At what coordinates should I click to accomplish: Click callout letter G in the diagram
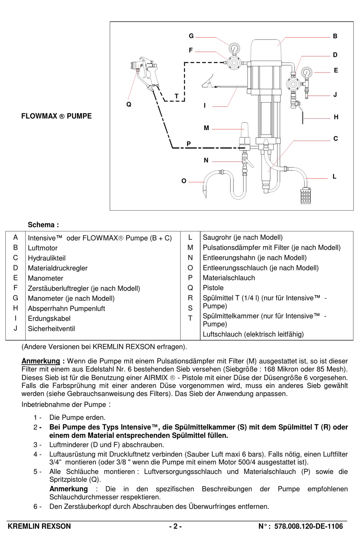coord(191,36)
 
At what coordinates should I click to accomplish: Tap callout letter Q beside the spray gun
coord(129,104)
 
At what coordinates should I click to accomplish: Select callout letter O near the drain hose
coord(184,181)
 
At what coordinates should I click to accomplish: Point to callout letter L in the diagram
coord(334,177)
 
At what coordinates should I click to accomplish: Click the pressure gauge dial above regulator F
coord(234,49)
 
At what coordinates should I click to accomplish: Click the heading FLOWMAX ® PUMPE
coord(56,116)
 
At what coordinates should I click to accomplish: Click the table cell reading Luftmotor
coord(43,248)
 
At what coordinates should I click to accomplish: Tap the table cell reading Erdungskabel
coord(49,319)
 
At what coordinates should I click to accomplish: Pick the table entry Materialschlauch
coord(229,278)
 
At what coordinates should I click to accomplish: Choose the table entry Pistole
coord(213,288)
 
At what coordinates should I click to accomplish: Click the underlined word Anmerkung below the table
coord(41,361)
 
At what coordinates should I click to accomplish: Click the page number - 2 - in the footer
coord(175,526)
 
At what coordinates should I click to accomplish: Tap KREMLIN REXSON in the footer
coord(39,526)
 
